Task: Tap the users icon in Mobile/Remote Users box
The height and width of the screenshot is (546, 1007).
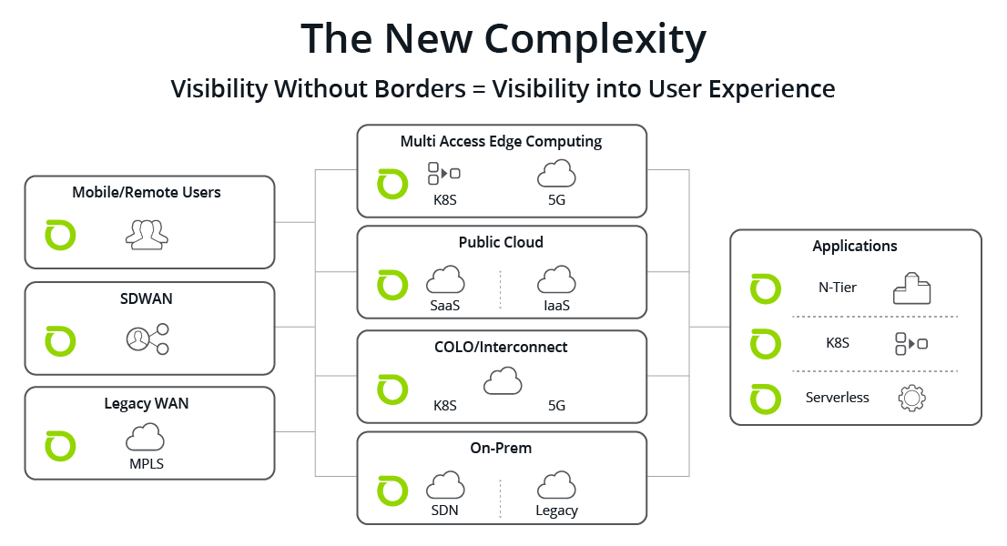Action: [x=147, y=235]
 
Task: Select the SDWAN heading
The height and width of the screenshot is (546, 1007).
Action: [x=147, y=298]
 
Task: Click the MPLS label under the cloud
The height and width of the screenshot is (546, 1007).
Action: [x=147, y=463]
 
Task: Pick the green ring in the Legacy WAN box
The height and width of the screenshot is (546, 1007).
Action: [x=60, y=447]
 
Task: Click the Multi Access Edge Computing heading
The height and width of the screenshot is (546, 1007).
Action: [x=501, y=141]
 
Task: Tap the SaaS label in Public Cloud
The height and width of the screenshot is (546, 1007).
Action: [x=445, y=306]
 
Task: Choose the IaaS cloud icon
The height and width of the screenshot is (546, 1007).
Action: [x=556, y=280]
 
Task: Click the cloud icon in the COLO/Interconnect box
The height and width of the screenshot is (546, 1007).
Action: [x=503, y=381]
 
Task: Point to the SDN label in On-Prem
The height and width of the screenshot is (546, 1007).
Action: [x=444, y=511]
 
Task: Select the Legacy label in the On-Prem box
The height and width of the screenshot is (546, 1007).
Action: [x=557, y=511]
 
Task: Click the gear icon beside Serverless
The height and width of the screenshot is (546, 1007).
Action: [x=912, y=398]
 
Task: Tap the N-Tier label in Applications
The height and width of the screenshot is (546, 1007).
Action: [x=838, y=288]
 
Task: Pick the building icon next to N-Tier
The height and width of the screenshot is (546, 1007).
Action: [x=912, y=288]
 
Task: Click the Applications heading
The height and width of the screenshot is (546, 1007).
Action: [x=855, y=247]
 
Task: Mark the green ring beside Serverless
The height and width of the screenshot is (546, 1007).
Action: [x=766, y=399]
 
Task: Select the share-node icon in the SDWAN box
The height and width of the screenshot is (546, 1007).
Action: [x=147, y=339]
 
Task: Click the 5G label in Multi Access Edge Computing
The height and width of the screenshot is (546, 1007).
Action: [x=557, y=200]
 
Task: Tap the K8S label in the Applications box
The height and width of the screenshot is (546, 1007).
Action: [x=838, y=343]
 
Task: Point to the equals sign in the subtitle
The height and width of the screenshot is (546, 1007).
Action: [x=478, y=89]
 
